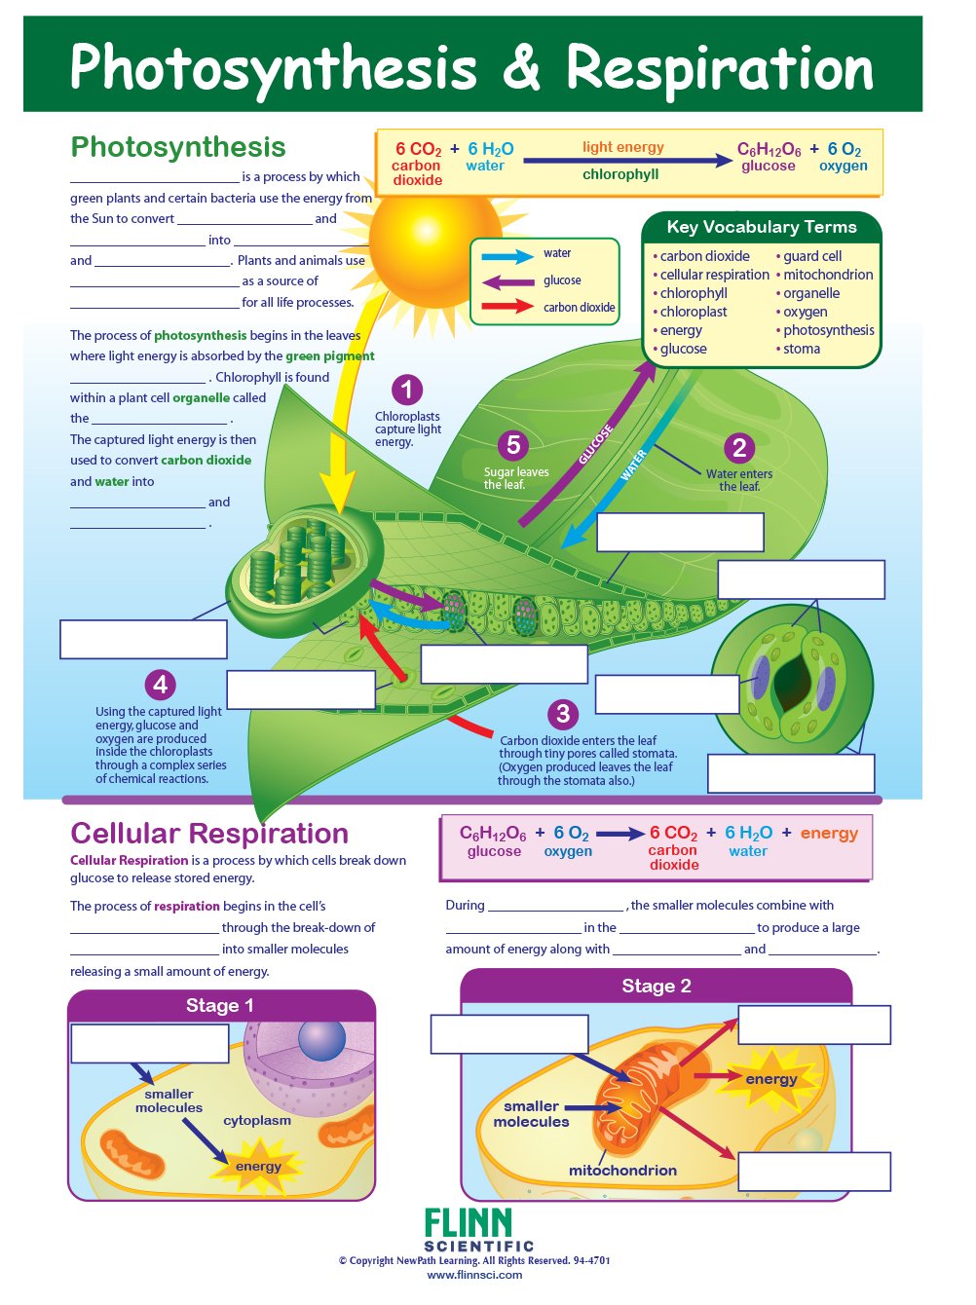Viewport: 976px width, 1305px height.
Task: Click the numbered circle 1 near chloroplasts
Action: (407, 391)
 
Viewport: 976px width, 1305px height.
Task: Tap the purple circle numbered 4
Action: (160, 685)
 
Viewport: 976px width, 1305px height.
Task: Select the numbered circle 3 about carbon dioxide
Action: (562, 714)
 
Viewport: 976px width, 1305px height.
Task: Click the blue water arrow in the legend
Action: (507, 257)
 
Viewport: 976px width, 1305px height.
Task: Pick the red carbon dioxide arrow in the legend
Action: (507, 307)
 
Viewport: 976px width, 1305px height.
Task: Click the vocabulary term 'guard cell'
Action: (811, 256)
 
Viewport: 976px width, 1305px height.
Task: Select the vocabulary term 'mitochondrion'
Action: (828, 275)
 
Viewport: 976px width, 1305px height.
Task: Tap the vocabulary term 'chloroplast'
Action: (694, 312)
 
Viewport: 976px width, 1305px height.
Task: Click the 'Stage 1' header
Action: (220, 1005)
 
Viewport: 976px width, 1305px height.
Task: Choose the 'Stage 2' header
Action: (657, 986)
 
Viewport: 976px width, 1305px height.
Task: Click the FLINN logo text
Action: (469, 1223)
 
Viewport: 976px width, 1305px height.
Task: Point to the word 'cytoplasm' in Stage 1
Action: (257, 1120)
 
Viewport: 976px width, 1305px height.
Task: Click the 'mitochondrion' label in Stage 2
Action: (622, 1171)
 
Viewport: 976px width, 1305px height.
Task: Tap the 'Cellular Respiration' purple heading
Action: (209, 834)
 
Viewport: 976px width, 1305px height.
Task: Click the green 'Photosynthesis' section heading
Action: (178, 147)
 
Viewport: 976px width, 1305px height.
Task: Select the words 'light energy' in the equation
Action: (622, 147)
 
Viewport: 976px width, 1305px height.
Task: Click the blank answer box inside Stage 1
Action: (150, 1044)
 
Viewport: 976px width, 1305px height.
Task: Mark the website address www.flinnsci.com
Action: (474, 1275)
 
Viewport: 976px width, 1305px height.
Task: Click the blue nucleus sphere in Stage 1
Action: (321, 1040)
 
